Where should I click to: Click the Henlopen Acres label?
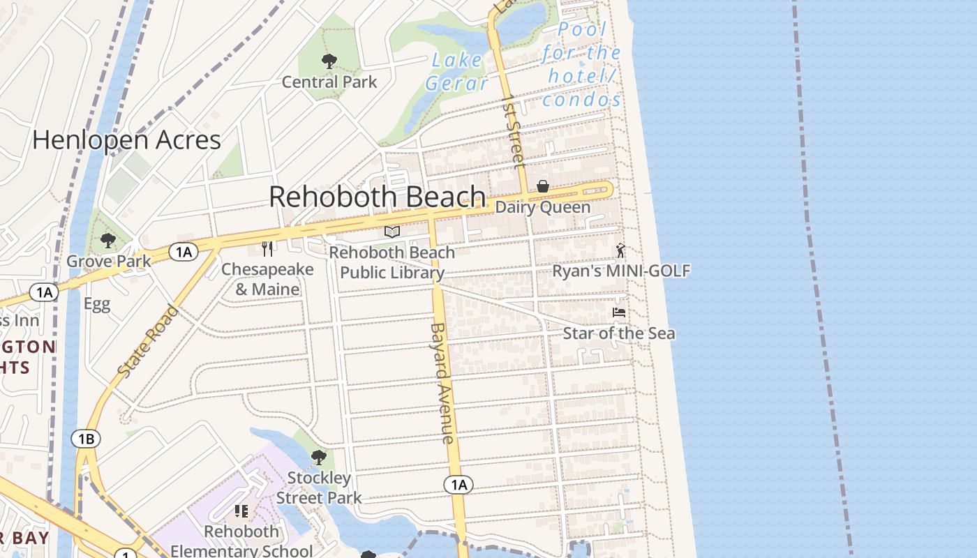[x=126, y=140]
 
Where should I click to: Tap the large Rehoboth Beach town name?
[x=377, y=197]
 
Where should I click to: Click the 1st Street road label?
[x=514, y=131]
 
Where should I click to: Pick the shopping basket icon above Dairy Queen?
[x=543, y=186]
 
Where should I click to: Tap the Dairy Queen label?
[x=543, y=207]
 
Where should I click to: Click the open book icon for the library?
[x=392, y=232]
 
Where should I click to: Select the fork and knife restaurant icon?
[x=267, y=248]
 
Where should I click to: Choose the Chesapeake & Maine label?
[x=267, y=279]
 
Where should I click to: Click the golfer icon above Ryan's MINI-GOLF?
[x=620, y=250]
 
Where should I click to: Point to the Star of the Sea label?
[x=619, y=333]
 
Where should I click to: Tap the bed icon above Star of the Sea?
[x=618, y=312]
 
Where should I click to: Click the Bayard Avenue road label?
[x=442, y=382]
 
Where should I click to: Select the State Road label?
[x=148, y=342]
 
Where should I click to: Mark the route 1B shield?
[x=86, y=439]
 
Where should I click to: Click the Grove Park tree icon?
[x=107, y=241]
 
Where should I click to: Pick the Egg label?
[x=97, y=304]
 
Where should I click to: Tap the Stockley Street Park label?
[x=319, y=488]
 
